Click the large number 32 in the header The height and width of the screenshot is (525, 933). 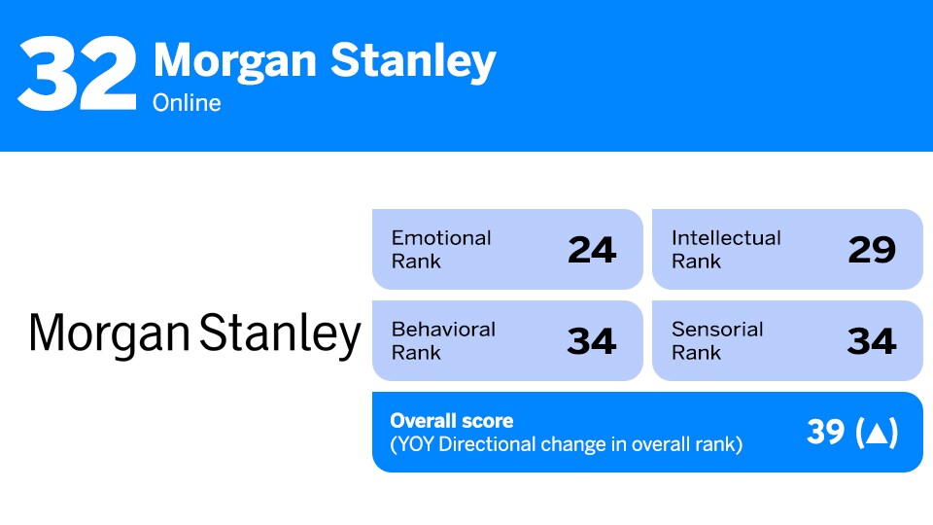point(77,74)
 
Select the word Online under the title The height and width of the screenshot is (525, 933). point(187,102)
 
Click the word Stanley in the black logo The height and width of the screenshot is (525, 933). point(280,333)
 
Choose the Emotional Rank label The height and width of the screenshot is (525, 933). point(441,249)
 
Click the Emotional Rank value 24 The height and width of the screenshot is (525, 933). point(592,250)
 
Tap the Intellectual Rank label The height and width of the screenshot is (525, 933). point(726,249)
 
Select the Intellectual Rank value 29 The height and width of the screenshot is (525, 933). point(871,250)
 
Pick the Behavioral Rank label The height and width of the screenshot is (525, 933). point(443,340)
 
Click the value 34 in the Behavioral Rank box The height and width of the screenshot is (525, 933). point(592,341)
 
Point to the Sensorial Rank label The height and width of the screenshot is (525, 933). point(717,340)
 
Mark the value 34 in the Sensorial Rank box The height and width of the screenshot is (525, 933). point(871,341)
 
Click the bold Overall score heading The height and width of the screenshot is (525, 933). point(451,421)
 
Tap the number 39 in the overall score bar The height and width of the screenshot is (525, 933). point(826,433)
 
